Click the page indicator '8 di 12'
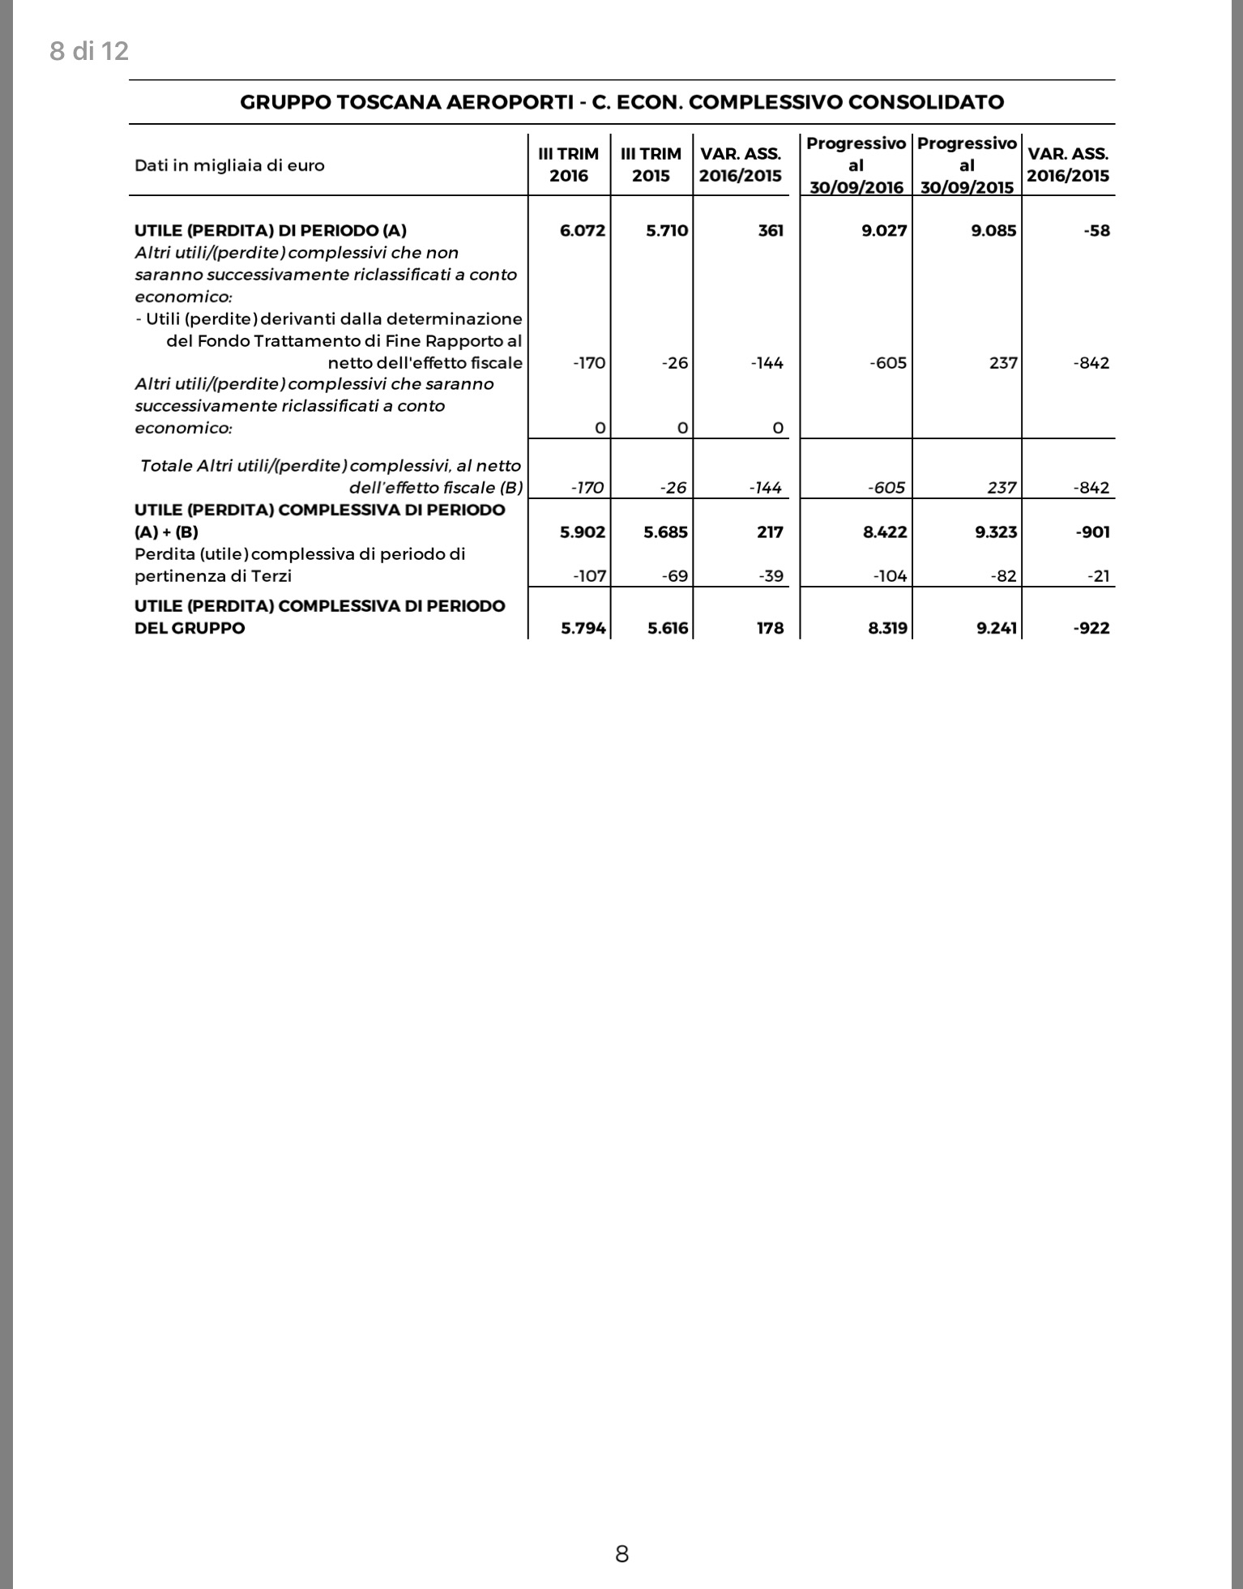[89, 51]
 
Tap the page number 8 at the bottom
[621, 1553]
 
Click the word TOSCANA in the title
[385, 102]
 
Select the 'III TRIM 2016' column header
[569, 164]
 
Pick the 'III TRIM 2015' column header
[651, 164]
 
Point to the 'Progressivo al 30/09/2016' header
[856, 165]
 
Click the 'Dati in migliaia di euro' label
[229, 165]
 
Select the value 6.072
[583, 230]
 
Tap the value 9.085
[993, 230]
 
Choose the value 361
[771, 230]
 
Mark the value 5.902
[583, 532]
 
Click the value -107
[589, 576]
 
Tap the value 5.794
[583, 628]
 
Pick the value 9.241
[997, 628]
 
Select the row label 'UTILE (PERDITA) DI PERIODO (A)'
[271, 230]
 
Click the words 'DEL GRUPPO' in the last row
[190, 628]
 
